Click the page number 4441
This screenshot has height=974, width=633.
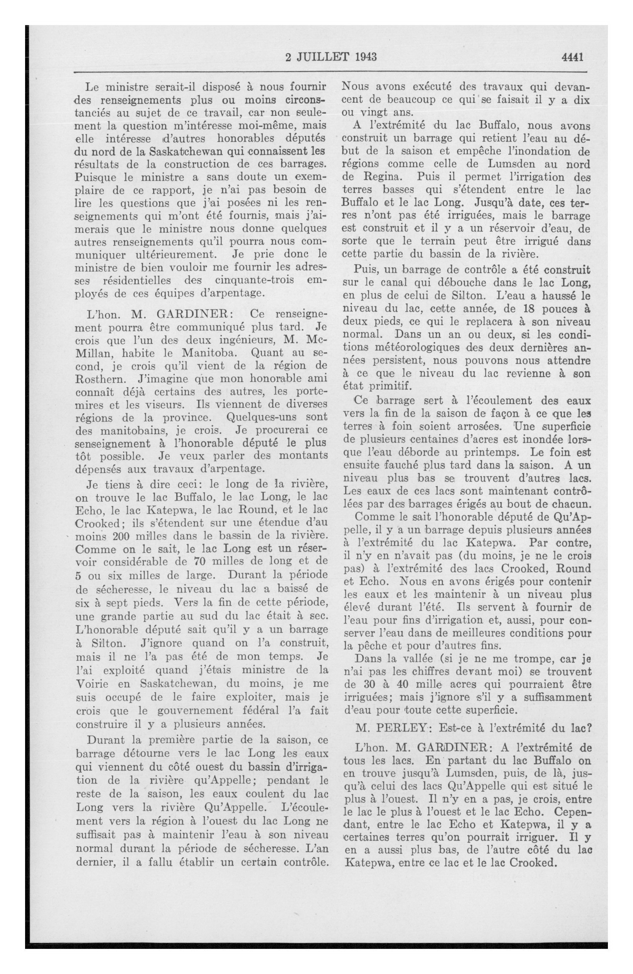pyautogui.click(x=572, y=57)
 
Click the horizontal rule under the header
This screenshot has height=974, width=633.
pyautogui.click(x=330, y=72)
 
